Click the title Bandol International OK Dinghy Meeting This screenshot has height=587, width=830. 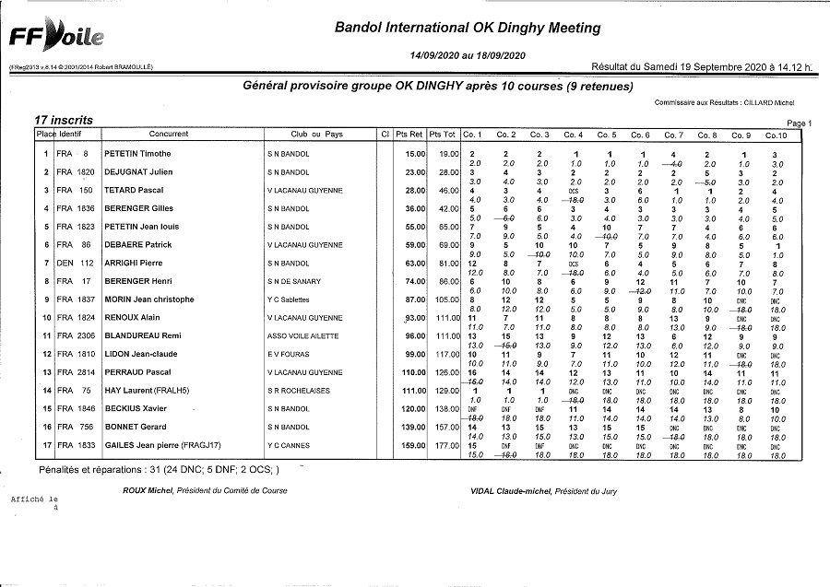pyautogui.click(x=468, y=29)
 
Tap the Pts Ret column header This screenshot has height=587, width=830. pyautogui.click(x=409, y=135)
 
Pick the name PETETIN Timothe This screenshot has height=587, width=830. pyautogui.click(x=137, y=154)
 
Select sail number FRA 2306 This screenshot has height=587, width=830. pyautogui.click(x=75, y=335)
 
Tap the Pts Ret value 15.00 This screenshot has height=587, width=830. pyautogui.click(x=414, y=154)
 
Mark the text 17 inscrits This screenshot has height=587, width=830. pyautogui.click(x=63, y=120)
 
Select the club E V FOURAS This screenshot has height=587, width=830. pyautogui.click(x=289, y=354)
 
